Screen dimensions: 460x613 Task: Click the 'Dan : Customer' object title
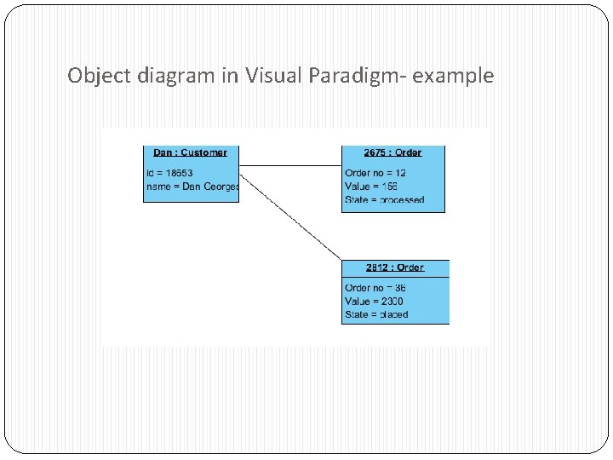(x=190, y=152)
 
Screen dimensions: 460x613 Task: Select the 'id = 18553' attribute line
(x=175, y=173)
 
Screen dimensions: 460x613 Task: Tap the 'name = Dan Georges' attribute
(x=192, y=186)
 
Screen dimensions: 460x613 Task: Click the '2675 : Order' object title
(x=392, y=152)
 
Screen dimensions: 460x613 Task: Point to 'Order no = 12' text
(x=375, y=173)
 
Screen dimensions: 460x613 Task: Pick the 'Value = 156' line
(x=371, y=186)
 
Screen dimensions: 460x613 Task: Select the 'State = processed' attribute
(x=384, y=200)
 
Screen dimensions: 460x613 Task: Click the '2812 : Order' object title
(x=394, y=267)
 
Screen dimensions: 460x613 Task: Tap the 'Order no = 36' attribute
(x=375, y=288)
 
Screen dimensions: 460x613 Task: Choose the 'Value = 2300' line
(x=374, y=301)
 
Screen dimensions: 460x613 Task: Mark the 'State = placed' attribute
(x=376, y=314)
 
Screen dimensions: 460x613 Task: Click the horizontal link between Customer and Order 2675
(x=289, y=165)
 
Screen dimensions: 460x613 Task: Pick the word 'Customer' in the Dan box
(x=204, y=152)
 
